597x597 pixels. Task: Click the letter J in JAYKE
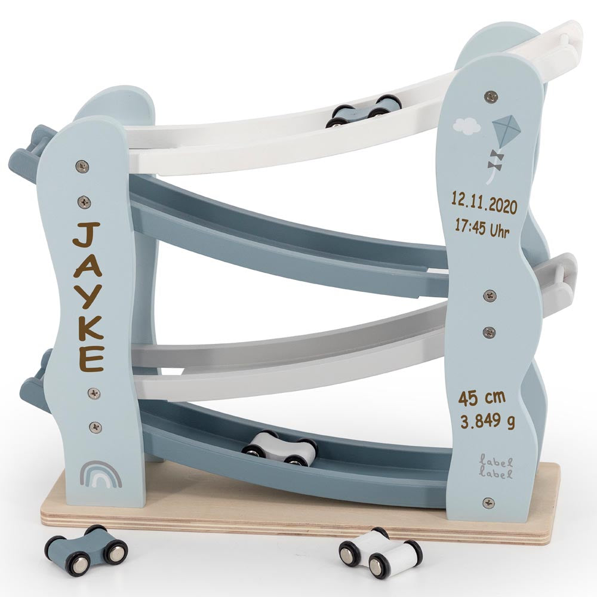(x=87, y=235)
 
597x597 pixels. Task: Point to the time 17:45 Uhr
(x=482, y=229)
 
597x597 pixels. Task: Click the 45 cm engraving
(x=482, y=398)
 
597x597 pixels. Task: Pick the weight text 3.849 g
(x=487, y=421)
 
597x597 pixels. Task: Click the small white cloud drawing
(x=467, y=125)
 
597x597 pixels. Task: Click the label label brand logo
(x=496, y=468)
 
